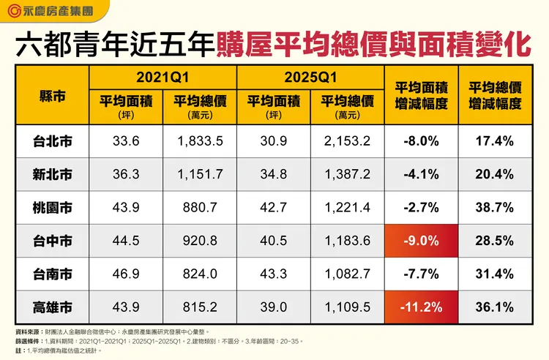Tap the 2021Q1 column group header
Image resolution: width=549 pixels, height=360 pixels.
tap(163, 76)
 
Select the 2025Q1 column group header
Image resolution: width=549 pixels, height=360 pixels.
tap(308, 76)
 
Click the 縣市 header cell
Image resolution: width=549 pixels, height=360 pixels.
tap(53, 95)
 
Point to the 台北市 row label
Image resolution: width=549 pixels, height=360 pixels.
tap(53, 140)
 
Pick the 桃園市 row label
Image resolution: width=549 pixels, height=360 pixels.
tap(53, 207)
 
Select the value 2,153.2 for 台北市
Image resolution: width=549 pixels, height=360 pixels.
tap(346, 140)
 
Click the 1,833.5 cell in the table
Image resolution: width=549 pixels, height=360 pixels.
tap(200, 140)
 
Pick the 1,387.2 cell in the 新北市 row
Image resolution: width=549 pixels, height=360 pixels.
tap(346, 174)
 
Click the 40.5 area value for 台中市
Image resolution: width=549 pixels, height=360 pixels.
tap(272, 241)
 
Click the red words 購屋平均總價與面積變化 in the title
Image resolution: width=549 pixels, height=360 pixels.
tap(373, 45)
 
